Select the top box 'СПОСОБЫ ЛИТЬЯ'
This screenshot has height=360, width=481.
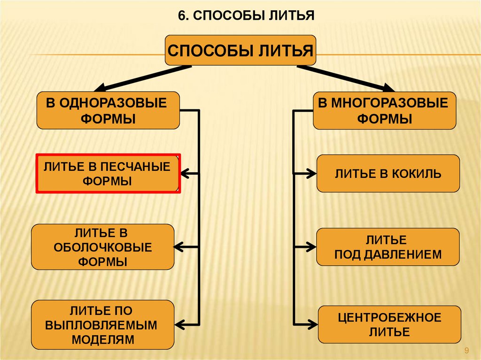[x=240, y=50]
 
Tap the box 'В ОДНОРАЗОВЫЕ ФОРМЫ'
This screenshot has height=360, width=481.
[x=108, y=110]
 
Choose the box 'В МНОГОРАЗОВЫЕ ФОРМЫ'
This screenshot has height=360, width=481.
[x=384, y=110]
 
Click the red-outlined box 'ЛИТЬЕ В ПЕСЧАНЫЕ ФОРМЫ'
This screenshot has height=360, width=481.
[x=108, y=174]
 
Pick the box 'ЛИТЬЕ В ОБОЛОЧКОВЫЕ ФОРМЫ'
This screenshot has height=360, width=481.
[x=102, y=247]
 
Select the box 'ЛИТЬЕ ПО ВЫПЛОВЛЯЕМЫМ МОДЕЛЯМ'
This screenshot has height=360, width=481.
[x=102, y=325]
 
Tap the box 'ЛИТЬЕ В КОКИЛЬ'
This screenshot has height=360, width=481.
[x=388, y=174]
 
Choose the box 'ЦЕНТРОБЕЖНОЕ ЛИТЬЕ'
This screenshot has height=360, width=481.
[x=389, y=325]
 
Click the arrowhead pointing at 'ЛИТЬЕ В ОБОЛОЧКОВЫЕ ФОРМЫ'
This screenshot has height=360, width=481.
[x=180, y=246]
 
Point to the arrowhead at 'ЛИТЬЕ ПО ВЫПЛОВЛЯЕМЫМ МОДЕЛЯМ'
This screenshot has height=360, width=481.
[x=180, y=323]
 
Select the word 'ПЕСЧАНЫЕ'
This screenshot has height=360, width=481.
[x=140, y=167]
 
